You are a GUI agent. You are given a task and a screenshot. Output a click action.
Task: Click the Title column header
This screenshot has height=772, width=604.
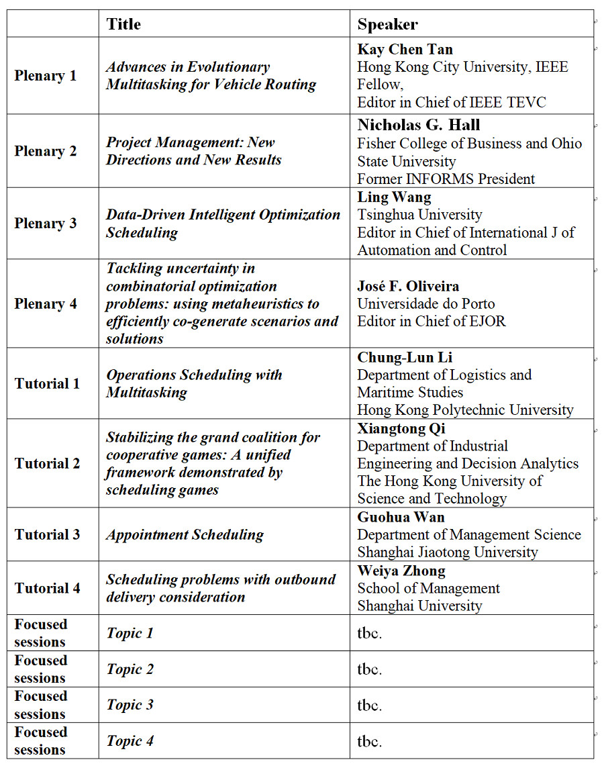pos(123,24)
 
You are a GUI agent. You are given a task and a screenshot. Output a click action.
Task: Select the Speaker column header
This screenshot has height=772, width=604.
pos(387,24)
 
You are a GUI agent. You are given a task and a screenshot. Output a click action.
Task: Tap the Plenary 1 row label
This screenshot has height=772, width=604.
pos(46,76)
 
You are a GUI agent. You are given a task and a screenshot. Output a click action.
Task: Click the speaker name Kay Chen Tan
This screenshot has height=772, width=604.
pos(405,49)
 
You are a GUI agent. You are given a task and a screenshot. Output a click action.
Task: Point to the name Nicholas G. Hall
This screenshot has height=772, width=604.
pos(419,125)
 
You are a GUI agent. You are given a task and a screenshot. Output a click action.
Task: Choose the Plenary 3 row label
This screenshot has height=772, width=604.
pos(46,224)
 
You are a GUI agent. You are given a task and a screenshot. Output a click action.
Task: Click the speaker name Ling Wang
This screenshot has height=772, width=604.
pos(394,197)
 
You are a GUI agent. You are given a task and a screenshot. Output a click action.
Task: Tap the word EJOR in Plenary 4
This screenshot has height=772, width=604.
pos(487,321)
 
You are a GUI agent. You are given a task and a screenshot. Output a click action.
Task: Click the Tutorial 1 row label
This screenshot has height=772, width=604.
pos(47,384)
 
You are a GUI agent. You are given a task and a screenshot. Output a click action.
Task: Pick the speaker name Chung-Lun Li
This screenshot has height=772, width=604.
pos(405,357)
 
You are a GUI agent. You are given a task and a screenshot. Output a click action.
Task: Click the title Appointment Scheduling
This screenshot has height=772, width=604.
pos(185,535)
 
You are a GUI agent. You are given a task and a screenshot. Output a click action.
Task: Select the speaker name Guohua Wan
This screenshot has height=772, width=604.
pos(401,518)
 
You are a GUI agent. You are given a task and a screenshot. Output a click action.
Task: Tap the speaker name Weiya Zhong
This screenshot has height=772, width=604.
pos(401,571)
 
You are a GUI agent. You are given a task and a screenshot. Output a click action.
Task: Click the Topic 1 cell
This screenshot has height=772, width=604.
pos(130,633)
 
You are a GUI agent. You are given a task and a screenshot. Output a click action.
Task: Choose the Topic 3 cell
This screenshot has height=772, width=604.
pos(130,705)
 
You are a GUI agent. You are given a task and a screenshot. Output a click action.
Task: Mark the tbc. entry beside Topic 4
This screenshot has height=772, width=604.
pos(369,741)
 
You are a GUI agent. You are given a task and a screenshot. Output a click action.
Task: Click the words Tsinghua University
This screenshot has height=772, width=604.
pos(419,215)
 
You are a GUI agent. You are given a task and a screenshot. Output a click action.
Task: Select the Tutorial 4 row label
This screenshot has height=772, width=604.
pos(47,588)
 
